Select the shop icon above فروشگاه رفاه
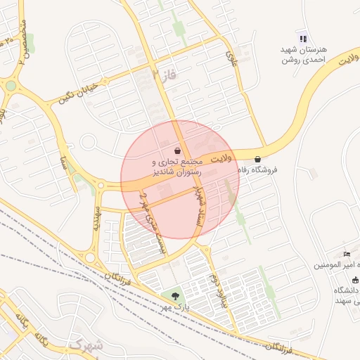point(258,160)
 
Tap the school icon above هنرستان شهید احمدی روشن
point(302,39)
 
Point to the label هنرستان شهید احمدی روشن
point(305,55)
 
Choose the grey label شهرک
point(86,345)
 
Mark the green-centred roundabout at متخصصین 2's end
point(11,86)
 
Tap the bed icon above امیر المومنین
point(347,254)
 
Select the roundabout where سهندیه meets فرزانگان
point(90,257)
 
